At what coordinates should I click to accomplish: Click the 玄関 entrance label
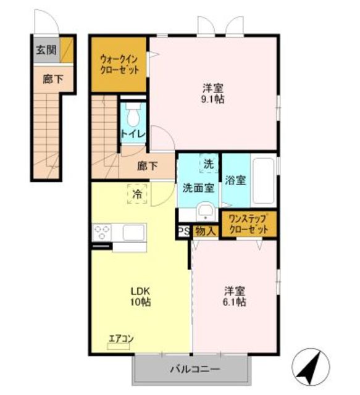tap(46, 50)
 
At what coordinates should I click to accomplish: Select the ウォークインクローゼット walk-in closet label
tap(119, 64)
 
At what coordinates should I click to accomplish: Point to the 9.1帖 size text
tap(212, 99)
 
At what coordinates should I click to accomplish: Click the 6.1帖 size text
tap(235, 302)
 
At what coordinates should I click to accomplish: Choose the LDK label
tap(140, 291)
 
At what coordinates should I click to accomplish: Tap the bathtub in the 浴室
tap(263, 181)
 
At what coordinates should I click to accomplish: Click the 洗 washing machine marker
tap(209, 164)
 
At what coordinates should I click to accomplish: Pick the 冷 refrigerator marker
tap(137, 194)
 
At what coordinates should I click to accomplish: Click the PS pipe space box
tap(184, 231)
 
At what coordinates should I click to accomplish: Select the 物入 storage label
tap(206, 231)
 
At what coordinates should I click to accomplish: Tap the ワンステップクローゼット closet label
tap(249, 224)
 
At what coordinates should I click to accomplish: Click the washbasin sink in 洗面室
tap(206, 212)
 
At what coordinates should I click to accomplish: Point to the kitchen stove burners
tap(102, 232)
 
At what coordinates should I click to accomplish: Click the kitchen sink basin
tap(133, 232)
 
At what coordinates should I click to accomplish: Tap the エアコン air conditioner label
tap(121, 338)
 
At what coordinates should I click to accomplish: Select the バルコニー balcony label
tap(195, 370)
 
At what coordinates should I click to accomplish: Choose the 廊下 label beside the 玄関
tap(52, 79)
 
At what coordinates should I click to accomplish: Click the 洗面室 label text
tap(198, 188)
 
